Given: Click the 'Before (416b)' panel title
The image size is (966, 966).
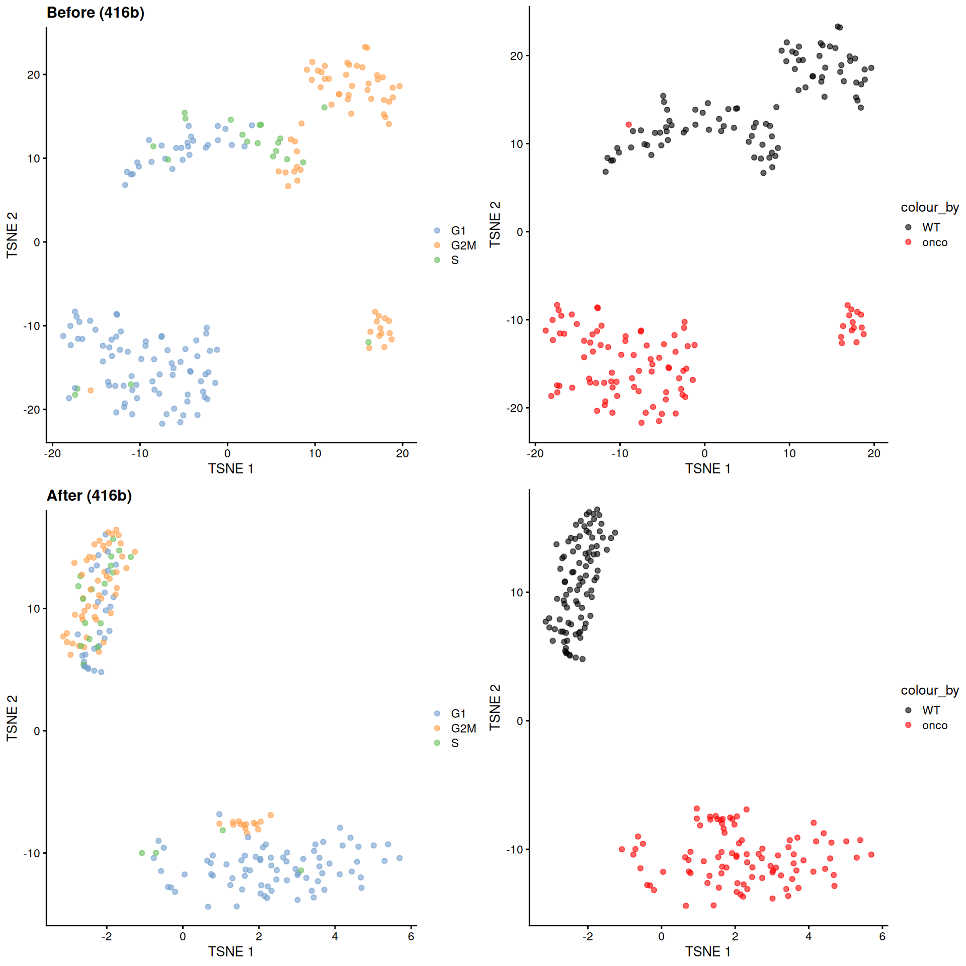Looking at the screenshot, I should (x=95, y=13).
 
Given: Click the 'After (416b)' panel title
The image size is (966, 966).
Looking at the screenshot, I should (x=89, y=496).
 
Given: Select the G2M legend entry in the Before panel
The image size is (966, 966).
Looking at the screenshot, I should (x=463, y=246).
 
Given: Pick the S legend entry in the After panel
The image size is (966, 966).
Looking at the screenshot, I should (x=454, y=743).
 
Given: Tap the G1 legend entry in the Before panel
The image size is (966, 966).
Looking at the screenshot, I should (x=458, y=231).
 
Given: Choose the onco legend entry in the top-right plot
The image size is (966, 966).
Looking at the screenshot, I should (x=934, y=243).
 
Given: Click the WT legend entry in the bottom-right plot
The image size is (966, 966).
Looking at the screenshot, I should (x=931, y=710).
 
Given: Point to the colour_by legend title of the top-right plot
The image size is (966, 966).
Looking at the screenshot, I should (x=929, y=207).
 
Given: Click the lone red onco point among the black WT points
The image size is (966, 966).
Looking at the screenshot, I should (x=628, y=124).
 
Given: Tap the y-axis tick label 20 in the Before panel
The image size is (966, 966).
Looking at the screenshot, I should (x=33, y=75).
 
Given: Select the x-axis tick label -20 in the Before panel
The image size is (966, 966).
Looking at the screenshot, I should (x=52, y=454).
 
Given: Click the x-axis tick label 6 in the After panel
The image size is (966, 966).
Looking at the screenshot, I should (x=411, y=937).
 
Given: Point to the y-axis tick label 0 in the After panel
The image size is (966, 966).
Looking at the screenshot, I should (x=37, y=731).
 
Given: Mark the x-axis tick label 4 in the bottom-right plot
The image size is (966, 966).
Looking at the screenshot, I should (x=809, y=937).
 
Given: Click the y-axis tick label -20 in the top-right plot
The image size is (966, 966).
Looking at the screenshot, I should (x=515, y=408).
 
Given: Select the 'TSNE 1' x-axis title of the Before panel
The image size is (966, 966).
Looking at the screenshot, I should (x=230, y=469).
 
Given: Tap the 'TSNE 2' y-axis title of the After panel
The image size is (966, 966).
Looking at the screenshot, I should (x=12, y=718).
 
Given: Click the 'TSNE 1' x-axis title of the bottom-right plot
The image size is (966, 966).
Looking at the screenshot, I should (x=707, y=952).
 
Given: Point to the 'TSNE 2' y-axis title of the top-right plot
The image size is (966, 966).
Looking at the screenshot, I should (x=495, y=224).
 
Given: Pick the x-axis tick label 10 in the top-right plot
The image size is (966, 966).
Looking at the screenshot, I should (x=789, y=454).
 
